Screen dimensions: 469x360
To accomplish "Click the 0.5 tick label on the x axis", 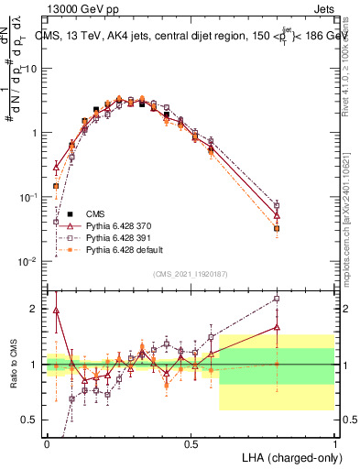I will [x=191, y=442].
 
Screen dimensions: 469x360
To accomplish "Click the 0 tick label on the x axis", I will [x=47, y=442].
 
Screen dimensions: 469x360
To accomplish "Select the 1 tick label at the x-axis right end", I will [x=334, y=442].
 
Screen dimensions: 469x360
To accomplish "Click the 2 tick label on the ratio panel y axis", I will [x=35, y=309].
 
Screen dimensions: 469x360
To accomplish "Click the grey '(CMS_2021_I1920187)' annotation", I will [x=191, y=272].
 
